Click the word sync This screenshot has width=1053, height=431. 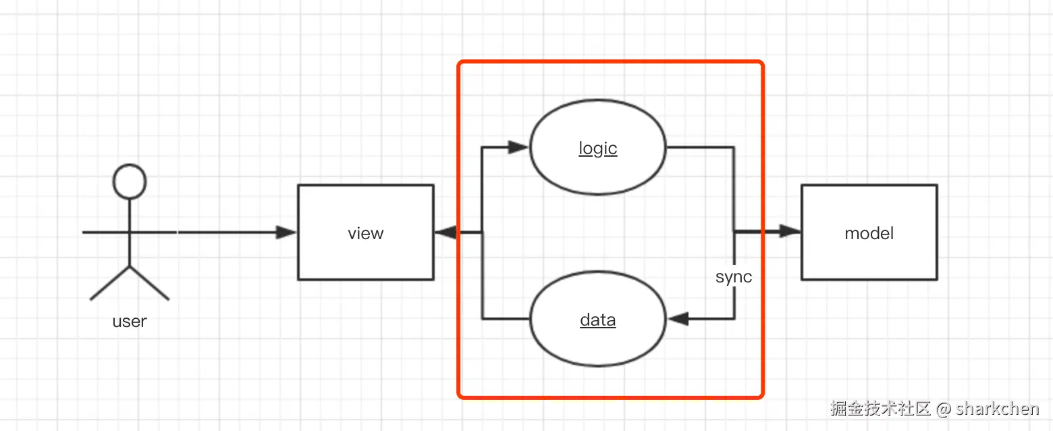click(x=734, y=277)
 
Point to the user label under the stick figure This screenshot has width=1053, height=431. click(x=130, y=321)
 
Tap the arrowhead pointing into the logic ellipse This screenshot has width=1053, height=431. click(x=518, y=147)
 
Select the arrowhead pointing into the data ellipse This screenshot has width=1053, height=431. click(x=678, y=319)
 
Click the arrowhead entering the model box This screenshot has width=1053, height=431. click(x=790, y=232)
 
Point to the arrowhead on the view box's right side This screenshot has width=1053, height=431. click(x=446, y=232)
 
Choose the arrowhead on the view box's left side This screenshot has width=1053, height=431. click(x=286, y=232)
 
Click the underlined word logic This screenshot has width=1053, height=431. click(x=598, y=149)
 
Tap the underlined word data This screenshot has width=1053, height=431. click(x=598, y=320)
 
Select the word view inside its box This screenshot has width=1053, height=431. click(x=365, y=234)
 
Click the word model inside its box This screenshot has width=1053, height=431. click(x=869, y=234)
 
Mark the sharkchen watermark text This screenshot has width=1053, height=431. click(x=997, y=409)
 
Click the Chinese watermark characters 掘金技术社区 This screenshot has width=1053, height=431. click(x=881, y=409)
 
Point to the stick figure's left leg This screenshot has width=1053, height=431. click(x=109, y=283)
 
